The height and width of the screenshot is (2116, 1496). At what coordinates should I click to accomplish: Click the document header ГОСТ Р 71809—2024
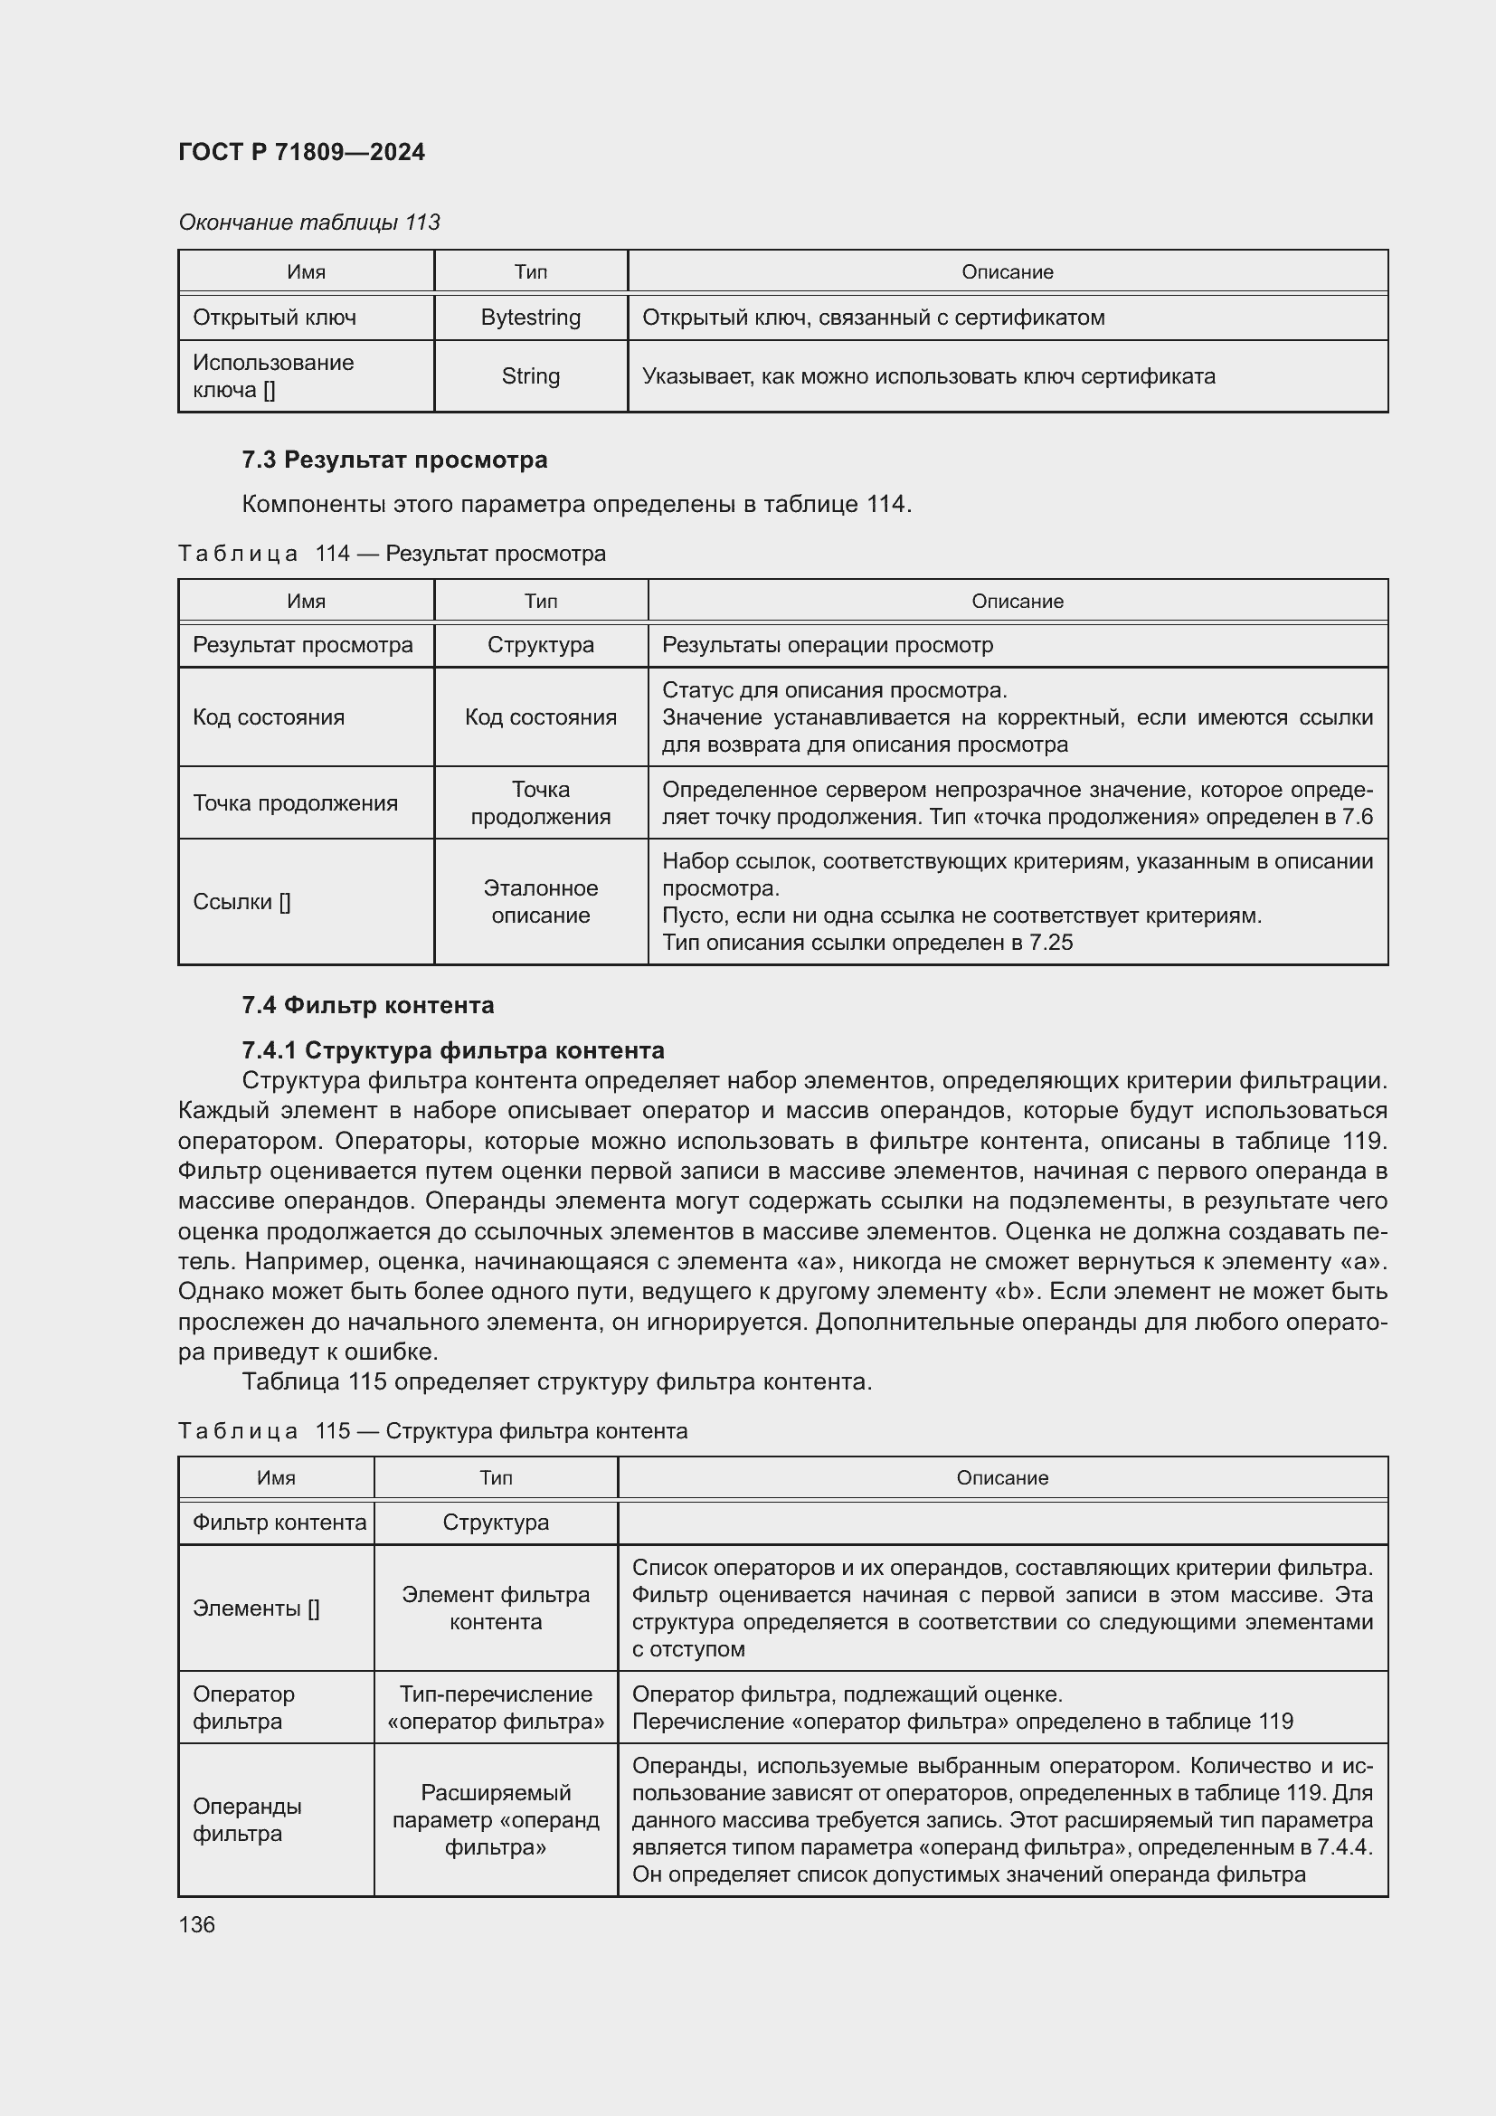[301, 152]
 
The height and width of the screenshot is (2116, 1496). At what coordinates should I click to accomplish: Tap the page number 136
[196, 1924]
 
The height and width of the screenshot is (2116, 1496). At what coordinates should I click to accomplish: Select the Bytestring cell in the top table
[531, 317]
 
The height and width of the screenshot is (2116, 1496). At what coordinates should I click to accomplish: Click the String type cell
[531, 376]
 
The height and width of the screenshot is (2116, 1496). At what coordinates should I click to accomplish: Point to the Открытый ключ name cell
[275, 317]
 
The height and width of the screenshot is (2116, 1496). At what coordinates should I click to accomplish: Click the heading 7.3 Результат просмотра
[394, 459]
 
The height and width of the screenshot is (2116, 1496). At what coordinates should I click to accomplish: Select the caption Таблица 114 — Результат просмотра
[392, 553]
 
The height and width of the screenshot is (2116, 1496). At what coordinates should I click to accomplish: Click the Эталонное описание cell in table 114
[541, 901]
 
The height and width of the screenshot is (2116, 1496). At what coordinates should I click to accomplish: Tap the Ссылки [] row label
[241, 901]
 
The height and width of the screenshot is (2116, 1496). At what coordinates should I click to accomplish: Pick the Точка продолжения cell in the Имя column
[295, 802]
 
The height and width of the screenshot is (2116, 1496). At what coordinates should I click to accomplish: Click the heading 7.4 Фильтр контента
[367, 1004]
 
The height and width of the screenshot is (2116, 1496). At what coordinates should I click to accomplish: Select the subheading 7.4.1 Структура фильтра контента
[452, 1049]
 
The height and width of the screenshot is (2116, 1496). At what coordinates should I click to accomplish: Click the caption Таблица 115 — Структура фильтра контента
[432, 1430]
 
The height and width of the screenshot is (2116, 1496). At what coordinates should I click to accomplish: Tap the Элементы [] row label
[256, 1608]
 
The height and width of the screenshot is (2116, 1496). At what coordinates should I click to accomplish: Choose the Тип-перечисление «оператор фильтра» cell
[496, 1707]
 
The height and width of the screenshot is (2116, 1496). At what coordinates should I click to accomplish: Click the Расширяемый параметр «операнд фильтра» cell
[496, 1819]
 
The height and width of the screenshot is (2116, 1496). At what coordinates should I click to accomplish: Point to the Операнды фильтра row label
[247, 1819]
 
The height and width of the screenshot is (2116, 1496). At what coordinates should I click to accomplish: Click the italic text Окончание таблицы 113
[308, 223]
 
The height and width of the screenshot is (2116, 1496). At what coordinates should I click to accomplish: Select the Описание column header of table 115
[1002, 1477]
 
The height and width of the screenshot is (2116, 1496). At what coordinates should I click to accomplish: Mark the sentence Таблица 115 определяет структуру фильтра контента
[556, 1381]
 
